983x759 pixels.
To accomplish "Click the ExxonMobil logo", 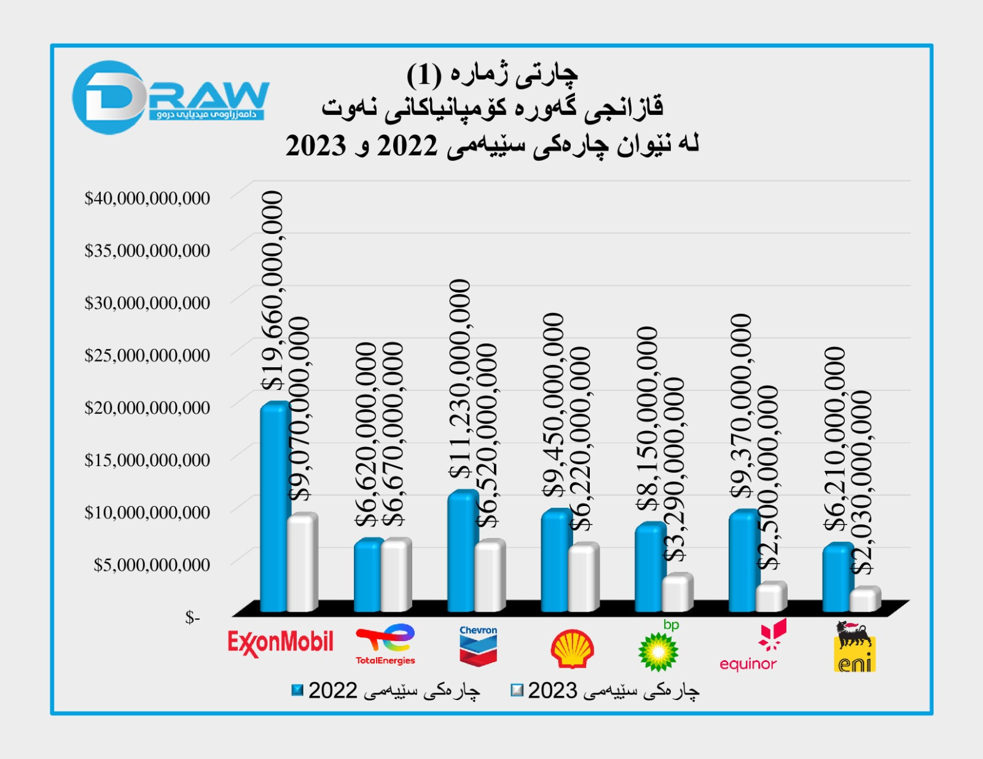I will pos(280,643).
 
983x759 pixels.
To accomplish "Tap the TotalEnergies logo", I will pos(385,644).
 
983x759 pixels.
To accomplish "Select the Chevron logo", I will pos(478,645).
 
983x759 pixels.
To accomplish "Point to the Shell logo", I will pos(572,648).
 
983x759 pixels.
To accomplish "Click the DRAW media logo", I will pos(170,98).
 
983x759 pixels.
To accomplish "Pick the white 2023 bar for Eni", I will pos(864,599).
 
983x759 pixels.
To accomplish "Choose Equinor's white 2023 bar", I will pos(770,597).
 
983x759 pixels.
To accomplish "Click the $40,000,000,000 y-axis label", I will pos(147,198).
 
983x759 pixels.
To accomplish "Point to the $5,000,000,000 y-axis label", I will pos(152,565).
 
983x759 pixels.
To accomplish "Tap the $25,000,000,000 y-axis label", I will pos(147,356).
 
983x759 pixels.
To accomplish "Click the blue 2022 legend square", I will pos(297,690).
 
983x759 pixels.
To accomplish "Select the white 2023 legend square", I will pos(517,690).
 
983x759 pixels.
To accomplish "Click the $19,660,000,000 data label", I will pos(273,290).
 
